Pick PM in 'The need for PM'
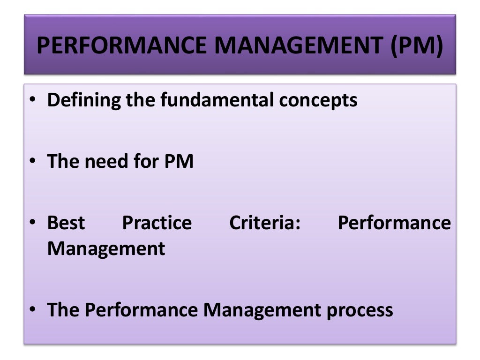(x=178, y=162)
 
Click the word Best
(x=66, y=223)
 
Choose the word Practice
(x=157, y=223)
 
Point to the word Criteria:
(x=264, y=223)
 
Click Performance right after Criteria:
(x=394, y=223)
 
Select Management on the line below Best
(x=106, y=248)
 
